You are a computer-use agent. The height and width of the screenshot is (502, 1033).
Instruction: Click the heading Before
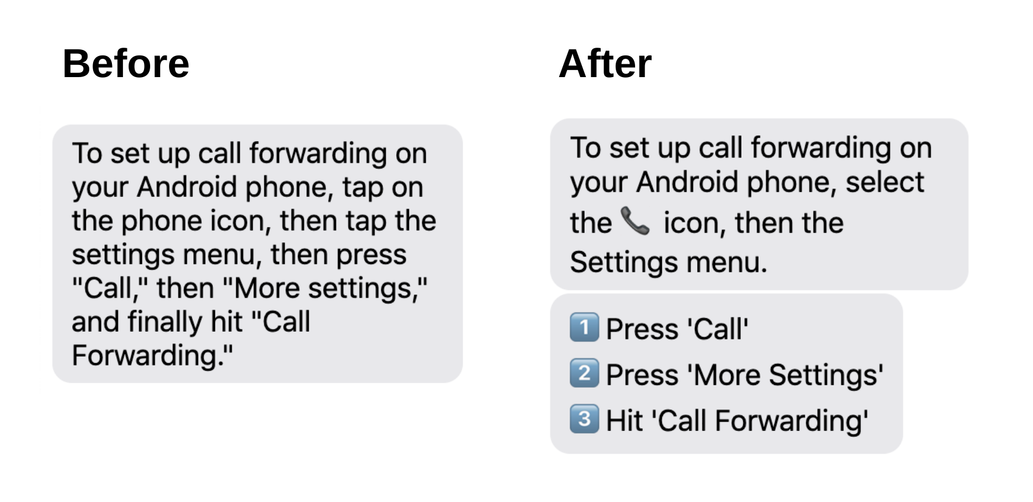coord(126,64)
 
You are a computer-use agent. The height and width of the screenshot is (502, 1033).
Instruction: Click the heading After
coord(605,64)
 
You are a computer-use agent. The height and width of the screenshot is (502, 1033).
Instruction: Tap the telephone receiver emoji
coord(635,221)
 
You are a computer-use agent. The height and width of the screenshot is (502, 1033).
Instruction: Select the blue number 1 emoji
coord(584,327)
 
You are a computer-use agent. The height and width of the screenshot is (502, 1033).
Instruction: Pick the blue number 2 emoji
coord(584,373)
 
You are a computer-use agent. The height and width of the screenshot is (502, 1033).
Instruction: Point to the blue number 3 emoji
coord(584,418)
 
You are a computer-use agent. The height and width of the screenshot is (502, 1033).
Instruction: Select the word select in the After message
coord(885,182)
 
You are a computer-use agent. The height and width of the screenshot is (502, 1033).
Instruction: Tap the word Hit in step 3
coord(624,420)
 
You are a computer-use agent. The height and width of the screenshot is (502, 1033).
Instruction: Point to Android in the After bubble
coord(687,182)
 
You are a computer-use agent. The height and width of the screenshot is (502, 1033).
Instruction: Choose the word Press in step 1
coord(642,329)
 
